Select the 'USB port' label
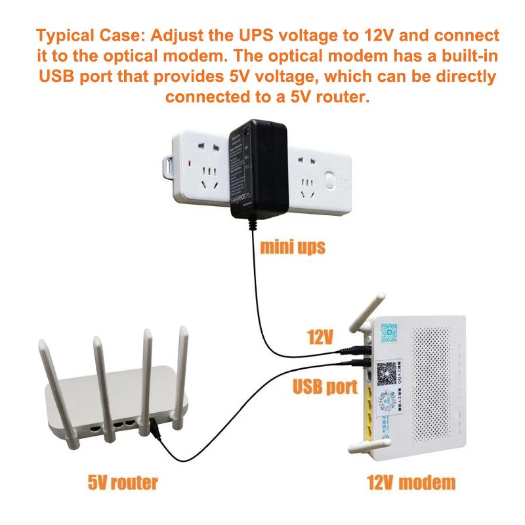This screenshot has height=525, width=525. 324,387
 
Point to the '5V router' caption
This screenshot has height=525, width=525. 123,484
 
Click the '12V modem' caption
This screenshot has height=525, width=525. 411,484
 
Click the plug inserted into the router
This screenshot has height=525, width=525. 155,430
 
